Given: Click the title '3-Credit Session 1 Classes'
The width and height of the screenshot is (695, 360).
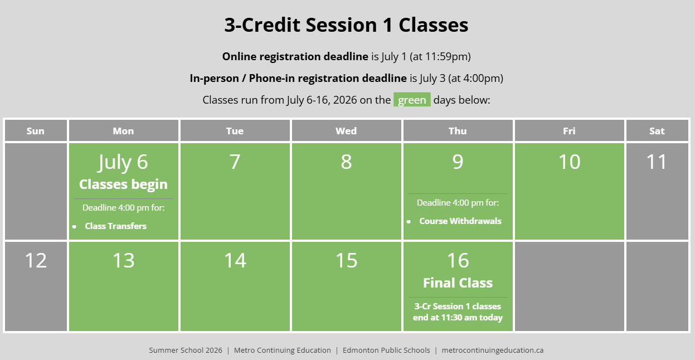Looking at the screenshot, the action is click(346, 25).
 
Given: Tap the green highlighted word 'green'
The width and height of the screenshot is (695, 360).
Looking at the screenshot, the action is click(412, 100).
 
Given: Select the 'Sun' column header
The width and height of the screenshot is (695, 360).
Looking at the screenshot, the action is click(35, 131).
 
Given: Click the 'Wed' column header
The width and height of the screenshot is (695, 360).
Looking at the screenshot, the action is click(346, 131).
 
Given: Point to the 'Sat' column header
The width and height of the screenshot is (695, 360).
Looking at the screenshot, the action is click(657, 131).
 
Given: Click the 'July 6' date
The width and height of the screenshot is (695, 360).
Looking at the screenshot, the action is click(123, 162).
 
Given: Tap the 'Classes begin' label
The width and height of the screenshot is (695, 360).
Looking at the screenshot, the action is click(123, 184).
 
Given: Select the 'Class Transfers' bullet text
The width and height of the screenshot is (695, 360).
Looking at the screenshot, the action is click(115, 226).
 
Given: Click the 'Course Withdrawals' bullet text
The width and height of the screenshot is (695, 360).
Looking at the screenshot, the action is click(460, 221).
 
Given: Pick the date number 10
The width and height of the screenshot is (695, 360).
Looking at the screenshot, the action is click(570, 162).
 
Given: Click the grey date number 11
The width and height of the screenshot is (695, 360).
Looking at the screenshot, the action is click(657, 162).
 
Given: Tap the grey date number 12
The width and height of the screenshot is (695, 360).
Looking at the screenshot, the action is click(36, 260).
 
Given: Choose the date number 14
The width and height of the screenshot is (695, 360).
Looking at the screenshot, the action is click(235, 260).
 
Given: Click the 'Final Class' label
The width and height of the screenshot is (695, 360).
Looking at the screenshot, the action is click(458, 283).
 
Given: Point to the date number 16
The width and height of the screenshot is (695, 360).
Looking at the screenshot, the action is click(458, 260).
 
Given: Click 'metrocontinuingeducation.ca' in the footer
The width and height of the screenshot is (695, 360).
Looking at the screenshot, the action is click(492, 350).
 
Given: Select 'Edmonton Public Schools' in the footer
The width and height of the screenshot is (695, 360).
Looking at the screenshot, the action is click(386, 350).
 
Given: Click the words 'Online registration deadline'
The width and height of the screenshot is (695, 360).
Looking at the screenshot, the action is click(295, 56).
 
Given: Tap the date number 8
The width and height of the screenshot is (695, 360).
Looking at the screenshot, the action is click(346, 162).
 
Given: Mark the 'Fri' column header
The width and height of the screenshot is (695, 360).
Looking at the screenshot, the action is click(570, 131).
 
